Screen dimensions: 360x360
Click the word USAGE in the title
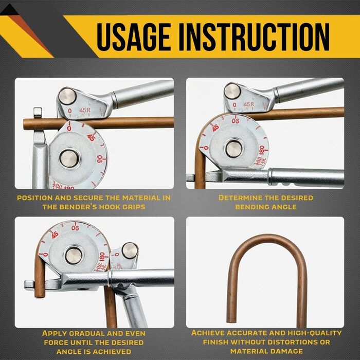coord(133,37)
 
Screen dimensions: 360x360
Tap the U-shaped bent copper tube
coord(266,276)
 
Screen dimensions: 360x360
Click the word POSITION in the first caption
coord(35,197)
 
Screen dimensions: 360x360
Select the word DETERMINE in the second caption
coord(238,197)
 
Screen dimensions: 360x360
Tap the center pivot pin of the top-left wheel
coord(69,158)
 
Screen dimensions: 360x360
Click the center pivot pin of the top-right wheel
coord(233,149)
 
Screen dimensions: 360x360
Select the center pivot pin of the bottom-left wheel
coord(73,256)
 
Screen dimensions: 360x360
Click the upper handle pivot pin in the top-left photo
coord(67,96)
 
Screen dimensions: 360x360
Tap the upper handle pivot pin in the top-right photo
coord(232,91)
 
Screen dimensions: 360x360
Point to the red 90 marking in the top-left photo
coord(100,158)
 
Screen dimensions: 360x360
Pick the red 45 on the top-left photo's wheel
coord(92,137)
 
